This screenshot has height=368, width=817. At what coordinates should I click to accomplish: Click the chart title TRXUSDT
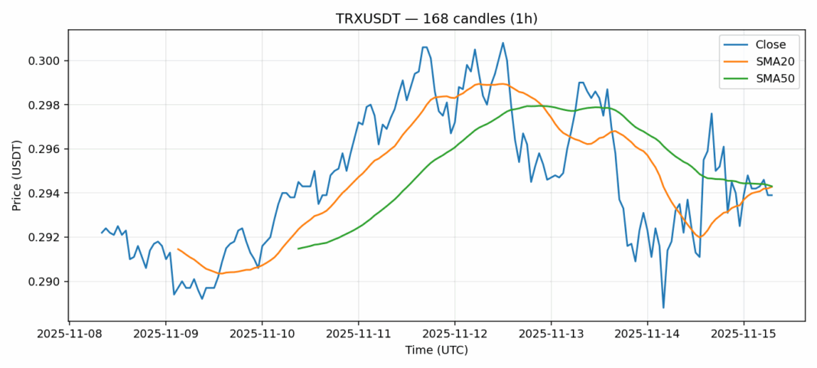tap(436, 18)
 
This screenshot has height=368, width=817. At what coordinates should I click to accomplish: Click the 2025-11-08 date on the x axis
tap(70, 334)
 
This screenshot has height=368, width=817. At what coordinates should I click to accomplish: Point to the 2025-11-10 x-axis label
tap(262, 334)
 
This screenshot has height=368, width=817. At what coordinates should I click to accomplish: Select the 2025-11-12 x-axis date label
tap(455, 334)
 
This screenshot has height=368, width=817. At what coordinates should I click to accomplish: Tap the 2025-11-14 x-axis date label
tap(648, 334)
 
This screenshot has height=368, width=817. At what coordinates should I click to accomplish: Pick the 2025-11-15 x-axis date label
tap(744, 334)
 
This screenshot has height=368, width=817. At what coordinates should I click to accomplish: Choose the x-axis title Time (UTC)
tap(436, 350)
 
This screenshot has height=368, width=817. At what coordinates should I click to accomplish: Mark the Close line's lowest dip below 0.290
tap(663, 308)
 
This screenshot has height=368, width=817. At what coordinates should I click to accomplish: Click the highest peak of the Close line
tap(503, 43)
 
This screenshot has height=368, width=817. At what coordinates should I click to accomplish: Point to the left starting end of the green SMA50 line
tap(298, 248)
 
